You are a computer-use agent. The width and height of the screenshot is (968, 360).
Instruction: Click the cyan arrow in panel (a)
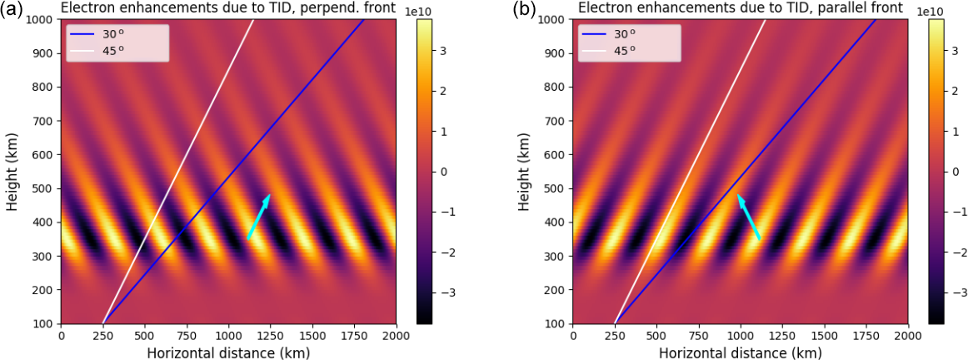point(258,217)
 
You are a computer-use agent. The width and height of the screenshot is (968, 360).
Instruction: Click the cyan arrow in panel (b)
point(748,217)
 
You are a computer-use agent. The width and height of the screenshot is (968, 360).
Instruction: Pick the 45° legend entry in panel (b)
point(624,50)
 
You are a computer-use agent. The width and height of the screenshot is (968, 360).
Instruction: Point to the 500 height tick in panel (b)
point(555,188)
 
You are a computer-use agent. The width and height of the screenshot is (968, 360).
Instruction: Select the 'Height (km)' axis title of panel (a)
point(12,171)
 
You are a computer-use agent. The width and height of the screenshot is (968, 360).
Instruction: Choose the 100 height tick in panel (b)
point(555,323)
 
